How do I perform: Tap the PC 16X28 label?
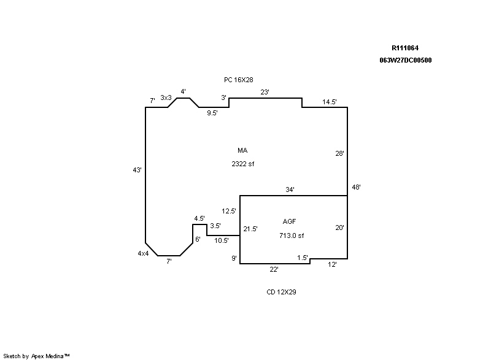[239, 80]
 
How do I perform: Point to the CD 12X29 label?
[282, 293]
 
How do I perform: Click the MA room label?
[242, 150]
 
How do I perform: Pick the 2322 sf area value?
[242, 164]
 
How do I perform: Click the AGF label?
[290, 221]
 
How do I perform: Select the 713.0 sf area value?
[292, 236]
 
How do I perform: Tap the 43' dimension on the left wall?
[137, 170]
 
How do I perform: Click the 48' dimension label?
[356, 187]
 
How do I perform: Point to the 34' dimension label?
[290, 190]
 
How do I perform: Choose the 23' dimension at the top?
[265, 92]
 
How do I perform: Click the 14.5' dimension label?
[330, 102]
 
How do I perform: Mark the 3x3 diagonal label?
[166, 98]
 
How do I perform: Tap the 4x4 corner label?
[143, 253]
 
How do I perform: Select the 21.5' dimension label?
[250, 229]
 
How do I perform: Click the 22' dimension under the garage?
[274, 269]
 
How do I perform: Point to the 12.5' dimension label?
[229, 211]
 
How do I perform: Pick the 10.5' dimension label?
[222, 240]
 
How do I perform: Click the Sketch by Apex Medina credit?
[37, 356]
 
